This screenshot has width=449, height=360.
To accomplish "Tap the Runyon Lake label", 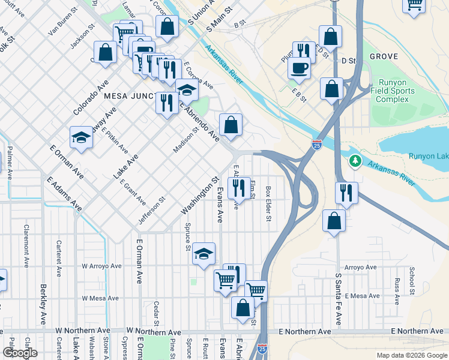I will point(428,156).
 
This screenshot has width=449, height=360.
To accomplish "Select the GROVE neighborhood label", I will point(384,56).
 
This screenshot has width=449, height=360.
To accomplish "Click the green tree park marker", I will point(355,161).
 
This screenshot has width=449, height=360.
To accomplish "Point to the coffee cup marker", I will point(299,68).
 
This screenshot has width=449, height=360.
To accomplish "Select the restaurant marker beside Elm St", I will point(239,188).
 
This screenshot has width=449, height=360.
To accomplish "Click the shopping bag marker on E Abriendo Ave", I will point(231,125).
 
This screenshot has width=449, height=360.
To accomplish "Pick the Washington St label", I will point(200,196).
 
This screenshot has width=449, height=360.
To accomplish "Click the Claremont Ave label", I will point(26,245).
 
